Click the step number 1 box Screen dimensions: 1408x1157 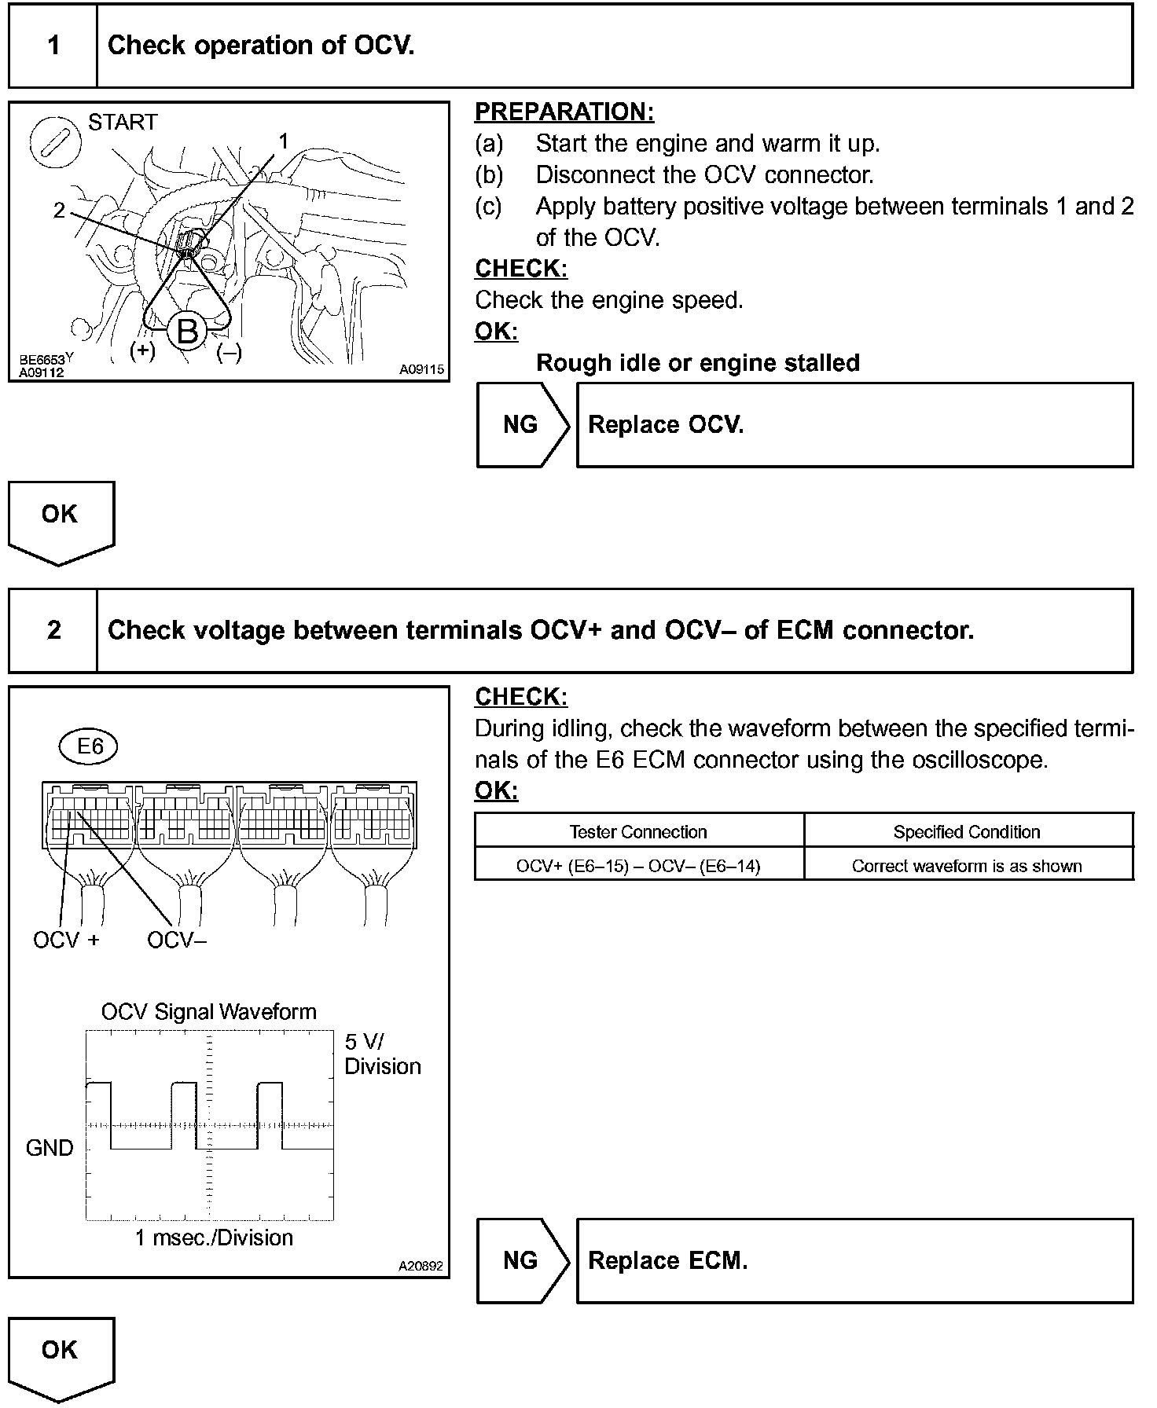point(53,46)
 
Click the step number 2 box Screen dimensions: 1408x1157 point(53,630)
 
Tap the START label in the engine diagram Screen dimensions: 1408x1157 point(123,122)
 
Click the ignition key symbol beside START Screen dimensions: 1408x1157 point(55,143)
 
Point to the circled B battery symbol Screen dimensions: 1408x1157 point(187,331)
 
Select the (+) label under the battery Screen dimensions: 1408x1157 point(142,350)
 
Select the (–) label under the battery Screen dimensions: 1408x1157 point(230,353)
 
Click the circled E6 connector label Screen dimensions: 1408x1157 point(88,746)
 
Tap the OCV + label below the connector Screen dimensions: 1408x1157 point(66,940)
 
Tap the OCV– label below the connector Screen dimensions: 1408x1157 point(177,940)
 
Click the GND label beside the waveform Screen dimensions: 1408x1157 point(50,1148)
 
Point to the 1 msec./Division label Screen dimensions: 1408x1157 point(214,1238)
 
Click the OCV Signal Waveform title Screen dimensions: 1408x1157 point(209,1011)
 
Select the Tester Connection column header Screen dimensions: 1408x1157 point(638,831)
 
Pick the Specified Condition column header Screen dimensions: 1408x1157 point(967,831)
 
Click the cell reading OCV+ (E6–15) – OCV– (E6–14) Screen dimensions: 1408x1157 point(638,866)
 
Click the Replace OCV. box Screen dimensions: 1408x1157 point(854,425)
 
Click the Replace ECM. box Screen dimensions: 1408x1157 point(854,1261)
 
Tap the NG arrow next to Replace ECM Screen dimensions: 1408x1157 point(522,1261)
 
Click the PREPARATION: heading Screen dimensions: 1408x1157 point(564,112)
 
